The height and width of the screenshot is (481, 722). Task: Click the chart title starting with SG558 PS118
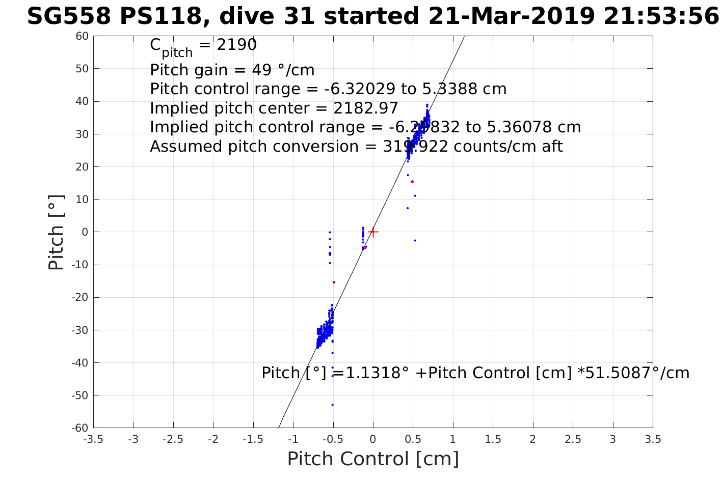[372, 16]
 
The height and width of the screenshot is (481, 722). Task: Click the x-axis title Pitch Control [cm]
[373, 459]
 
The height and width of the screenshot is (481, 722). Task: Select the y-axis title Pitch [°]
[56, 232]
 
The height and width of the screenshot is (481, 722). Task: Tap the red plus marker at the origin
[373, 232]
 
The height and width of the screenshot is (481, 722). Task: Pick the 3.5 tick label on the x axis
[653, 439]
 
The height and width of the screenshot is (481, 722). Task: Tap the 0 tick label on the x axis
[373, 439]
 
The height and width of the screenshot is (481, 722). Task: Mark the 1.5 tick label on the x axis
[493, 439]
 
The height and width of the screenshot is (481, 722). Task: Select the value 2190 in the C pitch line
[236, 45]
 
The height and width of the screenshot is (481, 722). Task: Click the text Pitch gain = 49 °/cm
[232, 70]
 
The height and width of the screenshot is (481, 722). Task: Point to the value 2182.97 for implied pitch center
[365, 108]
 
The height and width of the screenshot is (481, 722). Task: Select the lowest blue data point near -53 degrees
[332, 405]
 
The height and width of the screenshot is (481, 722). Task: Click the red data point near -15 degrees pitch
[334, 282]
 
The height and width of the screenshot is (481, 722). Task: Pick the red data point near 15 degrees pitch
[412, 182]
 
